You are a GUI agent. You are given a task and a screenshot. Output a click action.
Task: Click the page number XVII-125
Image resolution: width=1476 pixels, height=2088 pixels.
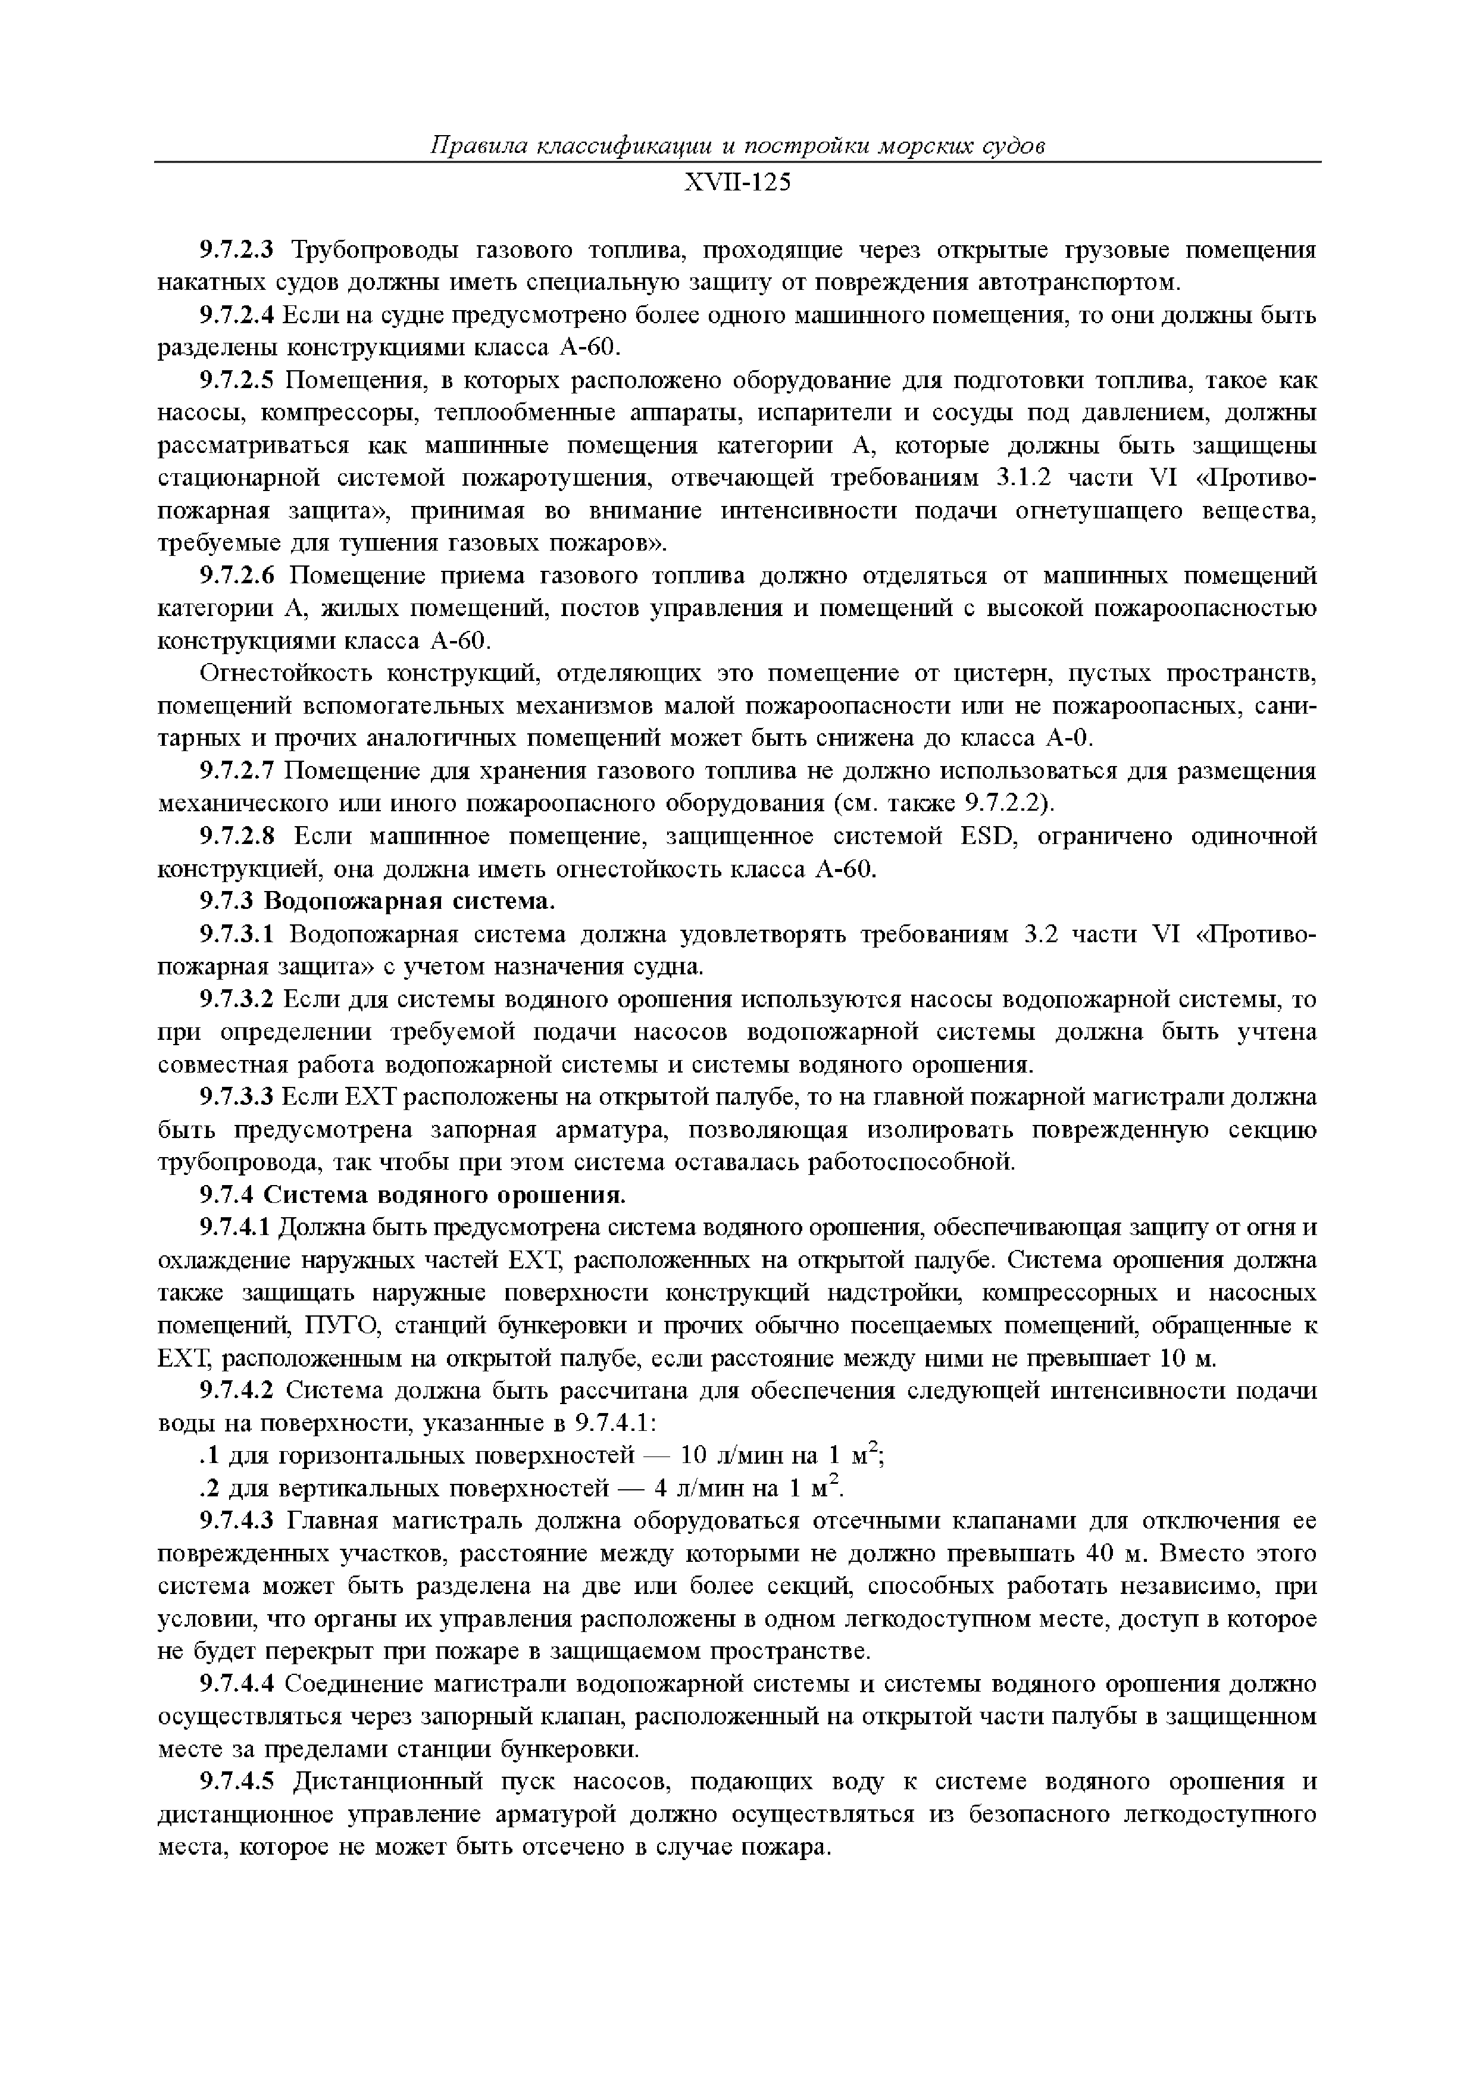pyautogui.click(x=737, y=183)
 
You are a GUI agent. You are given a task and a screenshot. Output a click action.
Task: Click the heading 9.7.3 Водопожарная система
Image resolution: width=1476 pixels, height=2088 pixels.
pyautogui.click(x=377, y=901)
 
